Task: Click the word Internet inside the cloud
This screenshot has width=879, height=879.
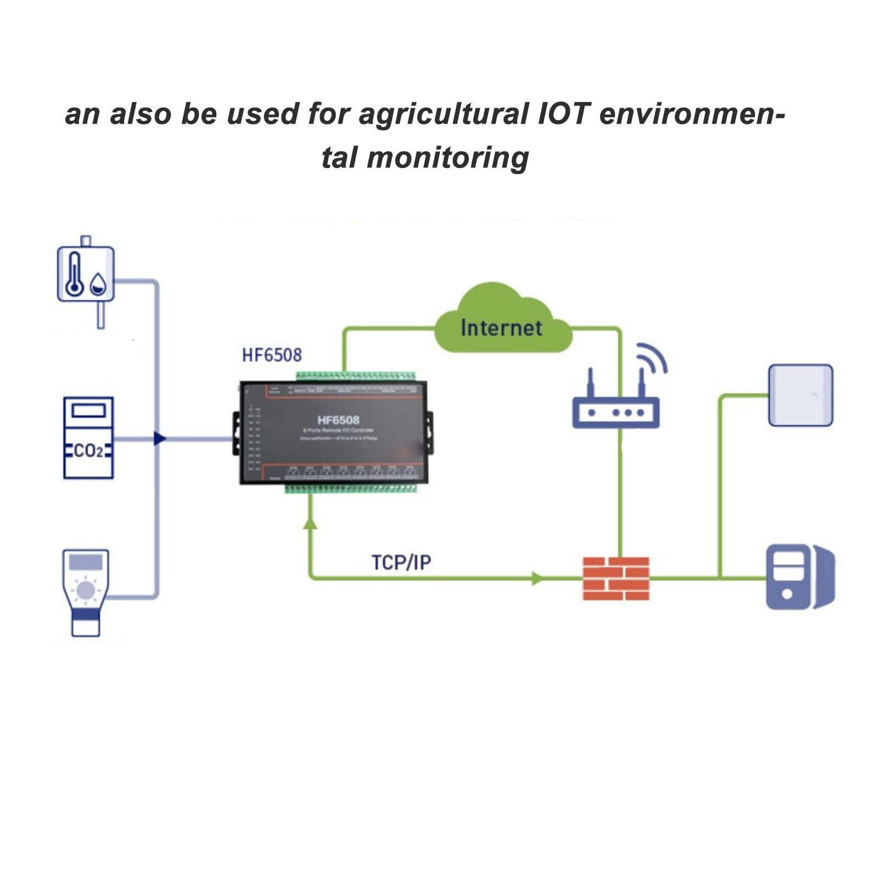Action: coord(501,328)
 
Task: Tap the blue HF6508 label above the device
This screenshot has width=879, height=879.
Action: coord(272,355)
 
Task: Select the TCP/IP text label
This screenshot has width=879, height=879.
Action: coord(401,563)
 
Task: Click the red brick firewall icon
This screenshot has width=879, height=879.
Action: coord(615,578)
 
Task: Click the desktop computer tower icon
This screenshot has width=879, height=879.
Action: coord(799,577)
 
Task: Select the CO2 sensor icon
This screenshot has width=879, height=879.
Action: coord(88,438)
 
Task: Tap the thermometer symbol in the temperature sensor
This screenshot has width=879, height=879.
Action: coord(74,275)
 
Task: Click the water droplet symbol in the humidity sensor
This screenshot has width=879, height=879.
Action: coord(98,284)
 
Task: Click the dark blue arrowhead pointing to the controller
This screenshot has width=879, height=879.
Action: coord(159,438)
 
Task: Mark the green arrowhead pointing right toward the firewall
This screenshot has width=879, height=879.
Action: coord(537,578)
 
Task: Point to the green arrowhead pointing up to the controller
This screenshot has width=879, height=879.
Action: coord(310,523)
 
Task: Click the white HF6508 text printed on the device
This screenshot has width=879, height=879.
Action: coord(338,420)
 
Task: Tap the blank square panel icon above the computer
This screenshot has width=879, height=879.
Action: coord(800,395)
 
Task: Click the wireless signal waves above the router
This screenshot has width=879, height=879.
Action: coord(652,358)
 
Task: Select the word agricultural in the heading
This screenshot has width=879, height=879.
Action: coord(444,115)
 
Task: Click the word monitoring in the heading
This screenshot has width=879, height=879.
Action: coord(447,158)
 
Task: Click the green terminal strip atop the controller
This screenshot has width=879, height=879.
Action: coord(355,376)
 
